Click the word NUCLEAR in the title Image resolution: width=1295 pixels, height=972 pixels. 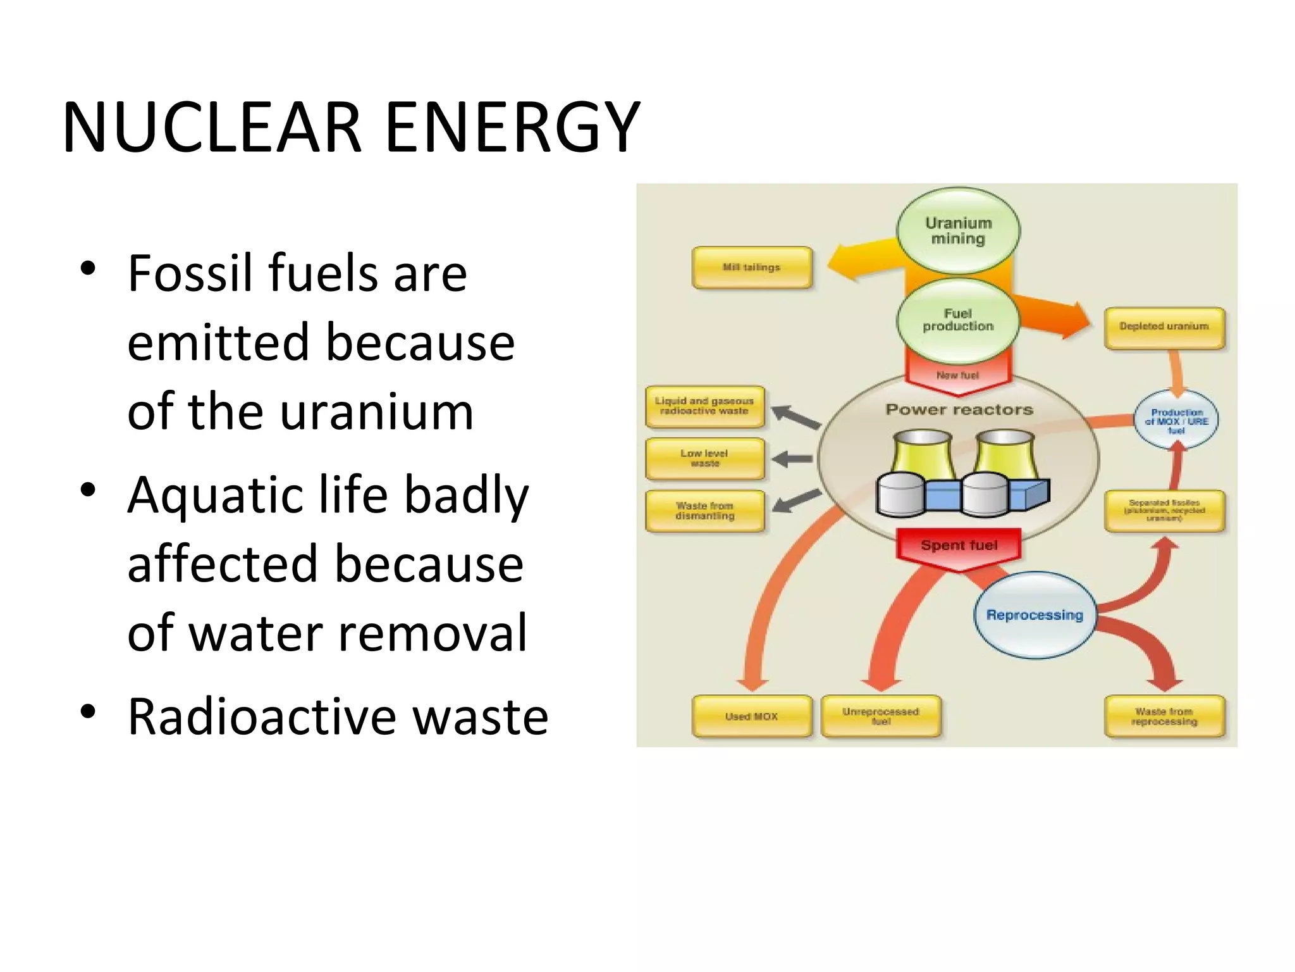[x=211, y=128]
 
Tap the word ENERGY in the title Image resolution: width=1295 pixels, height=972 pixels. [x=512, y=128]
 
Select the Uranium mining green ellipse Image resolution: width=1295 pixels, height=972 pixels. [x=958, y=231]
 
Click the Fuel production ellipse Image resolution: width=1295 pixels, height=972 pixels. [x=958, y=320]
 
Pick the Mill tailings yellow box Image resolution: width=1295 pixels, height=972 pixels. [x=751, y=268]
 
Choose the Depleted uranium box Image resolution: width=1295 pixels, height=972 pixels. [x=1164, y=327]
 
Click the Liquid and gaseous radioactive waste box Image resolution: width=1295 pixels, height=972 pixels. [x=704, y=406]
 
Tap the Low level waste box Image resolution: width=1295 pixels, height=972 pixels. [x=704, y=459]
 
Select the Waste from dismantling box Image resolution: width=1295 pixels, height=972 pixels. [x=704, y=511]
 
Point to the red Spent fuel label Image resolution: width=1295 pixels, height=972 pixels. [x=959, y=545]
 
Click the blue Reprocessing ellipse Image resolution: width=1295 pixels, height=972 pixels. [x=1034, y=615]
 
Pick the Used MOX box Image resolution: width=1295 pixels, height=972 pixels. [x=751, y=716]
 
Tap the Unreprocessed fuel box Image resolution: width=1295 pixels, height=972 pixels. [x=881, y=716]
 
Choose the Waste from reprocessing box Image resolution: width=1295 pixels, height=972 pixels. [x=1164, y=716]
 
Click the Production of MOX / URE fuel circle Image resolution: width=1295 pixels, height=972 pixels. [x=1176, y=421]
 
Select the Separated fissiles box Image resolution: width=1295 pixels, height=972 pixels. [x=1164, y=511]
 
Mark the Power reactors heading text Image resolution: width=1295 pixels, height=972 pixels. [x=959, y=410]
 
